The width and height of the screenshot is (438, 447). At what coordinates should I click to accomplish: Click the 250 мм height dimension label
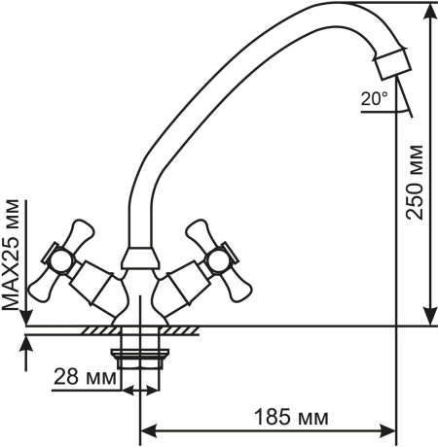[415, 183]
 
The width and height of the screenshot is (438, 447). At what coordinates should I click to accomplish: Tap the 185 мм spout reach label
[291, 418]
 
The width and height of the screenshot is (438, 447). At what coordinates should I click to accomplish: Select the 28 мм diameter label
[85, 377]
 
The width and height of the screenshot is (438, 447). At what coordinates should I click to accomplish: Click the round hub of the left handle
[61, 260]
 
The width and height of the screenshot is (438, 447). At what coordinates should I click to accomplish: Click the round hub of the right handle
[218, 260]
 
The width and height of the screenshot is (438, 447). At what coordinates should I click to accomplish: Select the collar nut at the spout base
[140, 258]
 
